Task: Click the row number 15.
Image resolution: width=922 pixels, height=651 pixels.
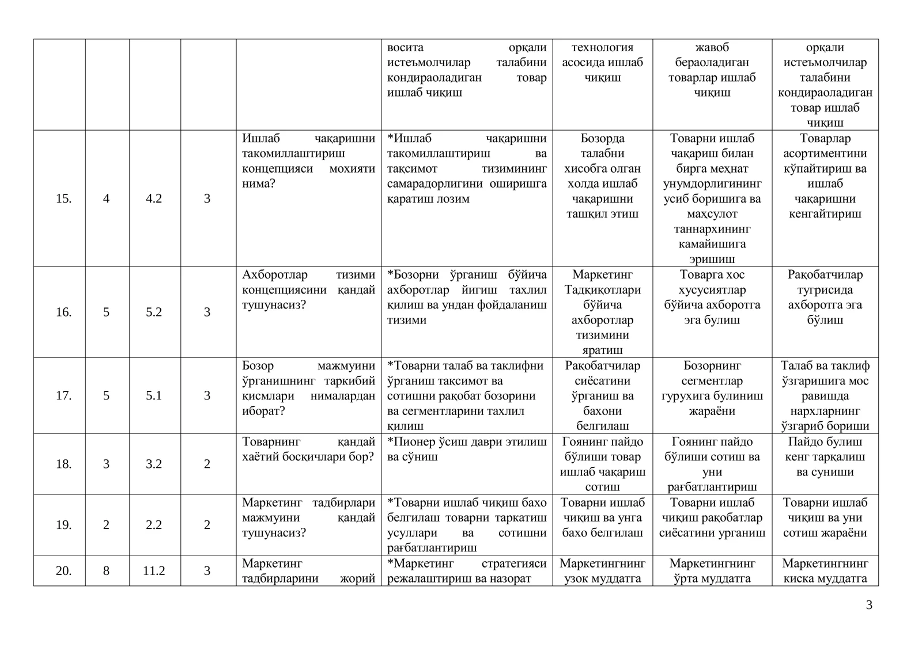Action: pos(63,199)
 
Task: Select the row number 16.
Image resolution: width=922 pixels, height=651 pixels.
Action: pos(63,312)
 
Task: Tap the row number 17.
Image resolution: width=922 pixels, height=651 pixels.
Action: pos(63,395)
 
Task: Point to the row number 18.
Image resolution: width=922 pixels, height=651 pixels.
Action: pos(63,464)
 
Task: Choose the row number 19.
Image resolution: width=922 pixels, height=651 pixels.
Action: pos(63,525)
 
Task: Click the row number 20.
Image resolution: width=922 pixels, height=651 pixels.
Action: pos(63,571)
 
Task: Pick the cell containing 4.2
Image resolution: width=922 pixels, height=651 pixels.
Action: pos(154,199)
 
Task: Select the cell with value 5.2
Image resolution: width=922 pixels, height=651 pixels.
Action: pos(154,312)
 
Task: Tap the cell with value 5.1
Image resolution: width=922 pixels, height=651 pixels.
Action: pos(154,395)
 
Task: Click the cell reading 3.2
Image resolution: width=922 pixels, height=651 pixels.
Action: pos(154,464)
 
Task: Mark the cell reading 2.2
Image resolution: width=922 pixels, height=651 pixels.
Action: pos(154,525)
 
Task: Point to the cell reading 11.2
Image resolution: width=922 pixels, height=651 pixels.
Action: pos(154,571)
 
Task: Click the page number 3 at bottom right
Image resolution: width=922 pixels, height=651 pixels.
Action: pos(869,605)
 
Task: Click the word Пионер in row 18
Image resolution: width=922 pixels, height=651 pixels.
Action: pos(414,442)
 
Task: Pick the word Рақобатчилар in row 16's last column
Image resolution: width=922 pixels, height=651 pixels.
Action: pos(825,275)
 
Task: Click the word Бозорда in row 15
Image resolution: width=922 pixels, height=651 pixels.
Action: pos(602,139)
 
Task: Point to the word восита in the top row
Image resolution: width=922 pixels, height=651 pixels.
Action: pos(405,48)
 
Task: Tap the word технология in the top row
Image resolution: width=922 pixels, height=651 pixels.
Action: pos(602,48)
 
